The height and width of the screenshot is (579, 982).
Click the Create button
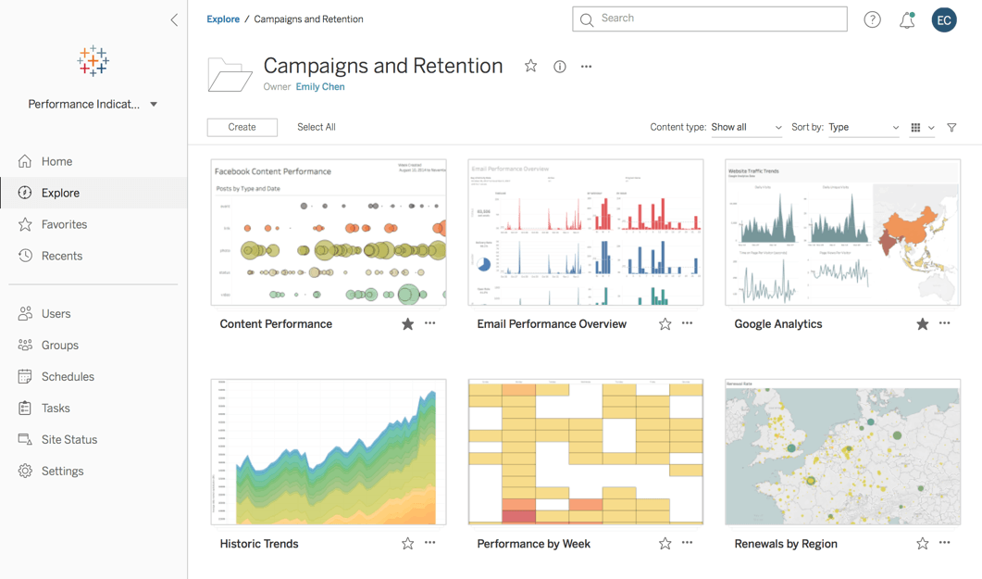[242, 127]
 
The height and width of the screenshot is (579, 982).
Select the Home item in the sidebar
[56, 161]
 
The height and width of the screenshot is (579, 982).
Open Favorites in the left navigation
[64, 224]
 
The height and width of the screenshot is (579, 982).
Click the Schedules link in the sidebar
[68, 377]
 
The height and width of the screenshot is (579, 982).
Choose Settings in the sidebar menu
[62, 472]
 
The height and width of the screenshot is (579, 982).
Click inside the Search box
[717, 19]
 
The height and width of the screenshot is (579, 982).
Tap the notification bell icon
[907, 19]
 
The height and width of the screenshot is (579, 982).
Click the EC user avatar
[944, 19]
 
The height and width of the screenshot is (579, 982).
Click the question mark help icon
[872, 19]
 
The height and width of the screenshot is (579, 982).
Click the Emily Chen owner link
[320, 87]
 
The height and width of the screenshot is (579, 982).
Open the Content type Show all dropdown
[746, 128]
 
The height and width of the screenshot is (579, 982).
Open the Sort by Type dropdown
[863, 128]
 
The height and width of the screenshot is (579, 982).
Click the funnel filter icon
[951, 128]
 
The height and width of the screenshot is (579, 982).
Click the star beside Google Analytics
[922, 324]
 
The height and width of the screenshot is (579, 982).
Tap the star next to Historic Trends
[407, 544]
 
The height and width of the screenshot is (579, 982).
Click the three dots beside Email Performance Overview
[687, 324]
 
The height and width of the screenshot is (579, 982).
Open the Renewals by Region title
[785, 544]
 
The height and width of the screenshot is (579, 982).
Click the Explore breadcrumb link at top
[223, 19]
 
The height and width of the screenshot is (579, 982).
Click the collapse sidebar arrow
[174, 19]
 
